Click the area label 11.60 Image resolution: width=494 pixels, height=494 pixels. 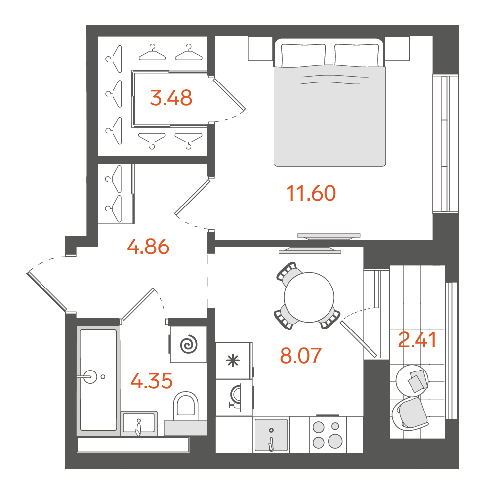coord(311,193)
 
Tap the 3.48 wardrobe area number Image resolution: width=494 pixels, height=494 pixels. coord(171,98)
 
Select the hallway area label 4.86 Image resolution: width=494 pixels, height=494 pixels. coord(148,247)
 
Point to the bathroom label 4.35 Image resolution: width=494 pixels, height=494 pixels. coord(152,380)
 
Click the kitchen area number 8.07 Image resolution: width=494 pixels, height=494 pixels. coord(300,355)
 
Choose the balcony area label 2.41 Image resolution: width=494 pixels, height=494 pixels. coord(417,340)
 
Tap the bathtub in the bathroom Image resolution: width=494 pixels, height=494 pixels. coord(98,380)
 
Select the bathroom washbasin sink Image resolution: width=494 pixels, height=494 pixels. coord(139,423)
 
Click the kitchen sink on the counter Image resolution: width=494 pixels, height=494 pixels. coord(271,434)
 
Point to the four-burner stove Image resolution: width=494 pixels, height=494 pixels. coord(328,435)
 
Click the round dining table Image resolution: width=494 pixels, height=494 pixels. coord(309,297)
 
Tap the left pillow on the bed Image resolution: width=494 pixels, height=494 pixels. coord(303,55)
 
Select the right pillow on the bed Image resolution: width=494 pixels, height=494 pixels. coord(357,55)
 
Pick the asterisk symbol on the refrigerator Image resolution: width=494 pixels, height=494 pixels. coord(234,361)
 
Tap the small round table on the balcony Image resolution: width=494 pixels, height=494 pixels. coord(412,380)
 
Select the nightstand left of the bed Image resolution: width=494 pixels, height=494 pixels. coord(260,48)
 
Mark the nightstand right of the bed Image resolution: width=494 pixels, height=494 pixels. coord(397,48)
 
